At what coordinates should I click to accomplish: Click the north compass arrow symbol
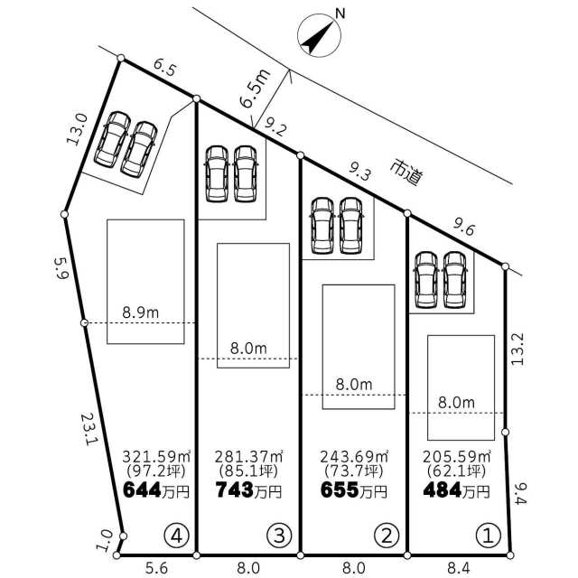[319, 36]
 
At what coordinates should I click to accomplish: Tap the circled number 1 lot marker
[489, 536]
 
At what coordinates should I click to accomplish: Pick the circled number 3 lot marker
[279, 536]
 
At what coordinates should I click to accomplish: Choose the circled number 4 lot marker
[177, 536]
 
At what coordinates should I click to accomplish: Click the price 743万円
[249, 490]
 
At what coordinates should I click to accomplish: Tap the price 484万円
[457, 490]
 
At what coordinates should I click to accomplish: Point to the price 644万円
[156, 490]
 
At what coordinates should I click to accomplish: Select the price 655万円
[354, 490]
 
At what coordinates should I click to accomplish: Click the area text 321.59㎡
[156, 457]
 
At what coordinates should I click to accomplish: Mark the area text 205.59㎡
[457, 457]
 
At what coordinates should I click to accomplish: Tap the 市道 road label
[406, 172]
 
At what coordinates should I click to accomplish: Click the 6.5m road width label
[255, 89]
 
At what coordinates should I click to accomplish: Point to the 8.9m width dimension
[141, 313]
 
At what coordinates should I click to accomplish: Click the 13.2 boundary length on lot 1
[517, 350]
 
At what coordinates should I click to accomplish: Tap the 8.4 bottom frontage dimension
[459, 568]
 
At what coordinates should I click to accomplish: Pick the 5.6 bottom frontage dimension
[156, 568]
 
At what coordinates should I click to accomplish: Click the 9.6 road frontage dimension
[464, 228]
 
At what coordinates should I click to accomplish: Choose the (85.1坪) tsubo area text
[248, 471]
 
